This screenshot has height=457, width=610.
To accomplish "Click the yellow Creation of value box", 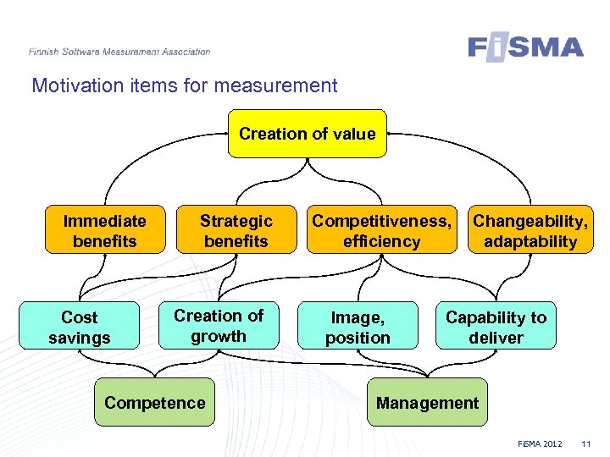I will pos(307,134).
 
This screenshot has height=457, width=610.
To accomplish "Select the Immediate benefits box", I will pos(104,231).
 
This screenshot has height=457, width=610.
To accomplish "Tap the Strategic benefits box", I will pos(236,231).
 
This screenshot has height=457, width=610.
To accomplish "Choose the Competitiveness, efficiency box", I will pos(381,231).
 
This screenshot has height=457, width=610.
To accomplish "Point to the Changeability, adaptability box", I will pos(530,231).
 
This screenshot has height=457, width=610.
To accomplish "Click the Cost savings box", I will pos(80,328).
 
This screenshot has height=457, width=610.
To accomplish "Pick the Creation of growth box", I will pos(219,326).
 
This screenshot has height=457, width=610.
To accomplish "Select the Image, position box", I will pos(358,328).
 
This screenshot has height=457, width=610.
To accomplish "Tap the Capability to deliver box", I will pos(496,328).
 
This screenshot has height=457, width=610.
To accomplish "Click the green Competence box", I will pos(154,403).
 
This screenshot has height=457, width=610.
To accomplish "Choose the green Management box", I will pos(427,403).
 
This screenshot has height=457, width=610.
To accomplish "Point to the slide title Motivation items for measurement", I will pos(184,85).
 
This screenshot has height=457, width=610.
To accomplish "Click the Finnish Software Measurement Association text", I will pos(119,52).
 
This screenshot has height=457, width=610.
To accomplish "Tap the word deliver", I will pos(496,338).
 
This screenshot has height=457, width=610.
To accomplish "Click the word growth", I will pos(219,336).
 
